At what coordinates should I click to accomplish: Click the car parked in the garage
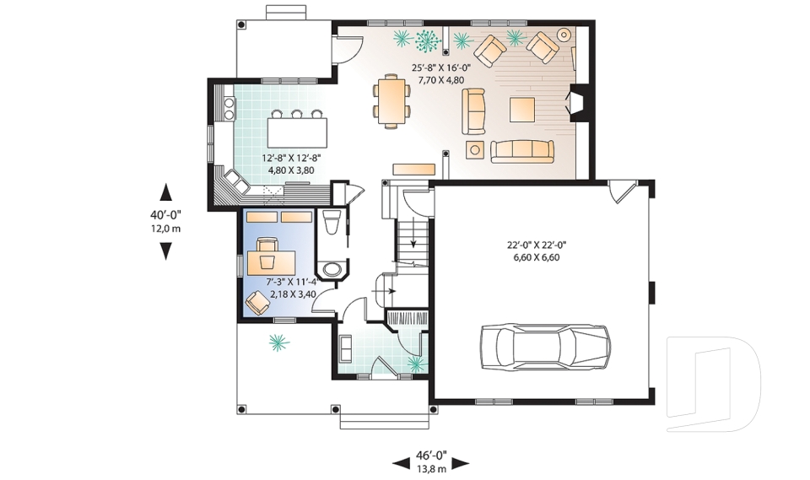545,347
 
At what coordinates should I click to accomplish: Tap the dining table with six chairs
392,101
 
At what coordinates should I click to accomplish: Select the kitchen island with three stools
297,129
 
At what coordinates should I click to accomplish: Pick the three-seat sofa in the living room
521,151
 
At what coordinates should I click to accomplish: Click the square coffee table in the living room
521,110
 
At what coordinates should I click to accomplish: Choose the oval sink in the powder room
331,269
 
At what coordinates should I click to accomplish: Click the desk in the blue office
271,262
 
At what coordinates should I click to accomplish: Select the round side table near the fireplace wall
564,35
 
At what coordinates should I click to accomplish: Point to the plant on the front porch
278,342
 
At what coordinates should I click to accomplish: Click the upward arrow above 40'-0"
166,191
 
